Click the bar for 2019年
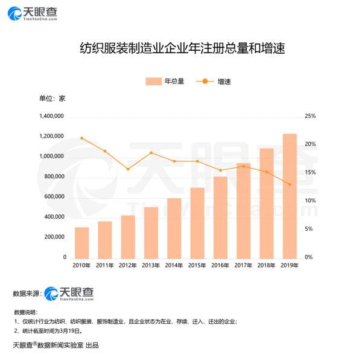290,196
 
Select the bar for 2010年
81,242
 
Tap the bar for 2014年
174,228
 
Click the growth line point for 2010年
81,138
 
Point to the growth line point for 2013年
151,153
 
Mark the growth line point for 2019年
290,184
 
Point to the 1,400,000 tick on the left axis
52,117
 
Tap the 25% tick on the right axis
310,117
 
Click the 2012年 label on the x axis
127,266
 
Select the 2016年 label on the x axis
220,266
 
